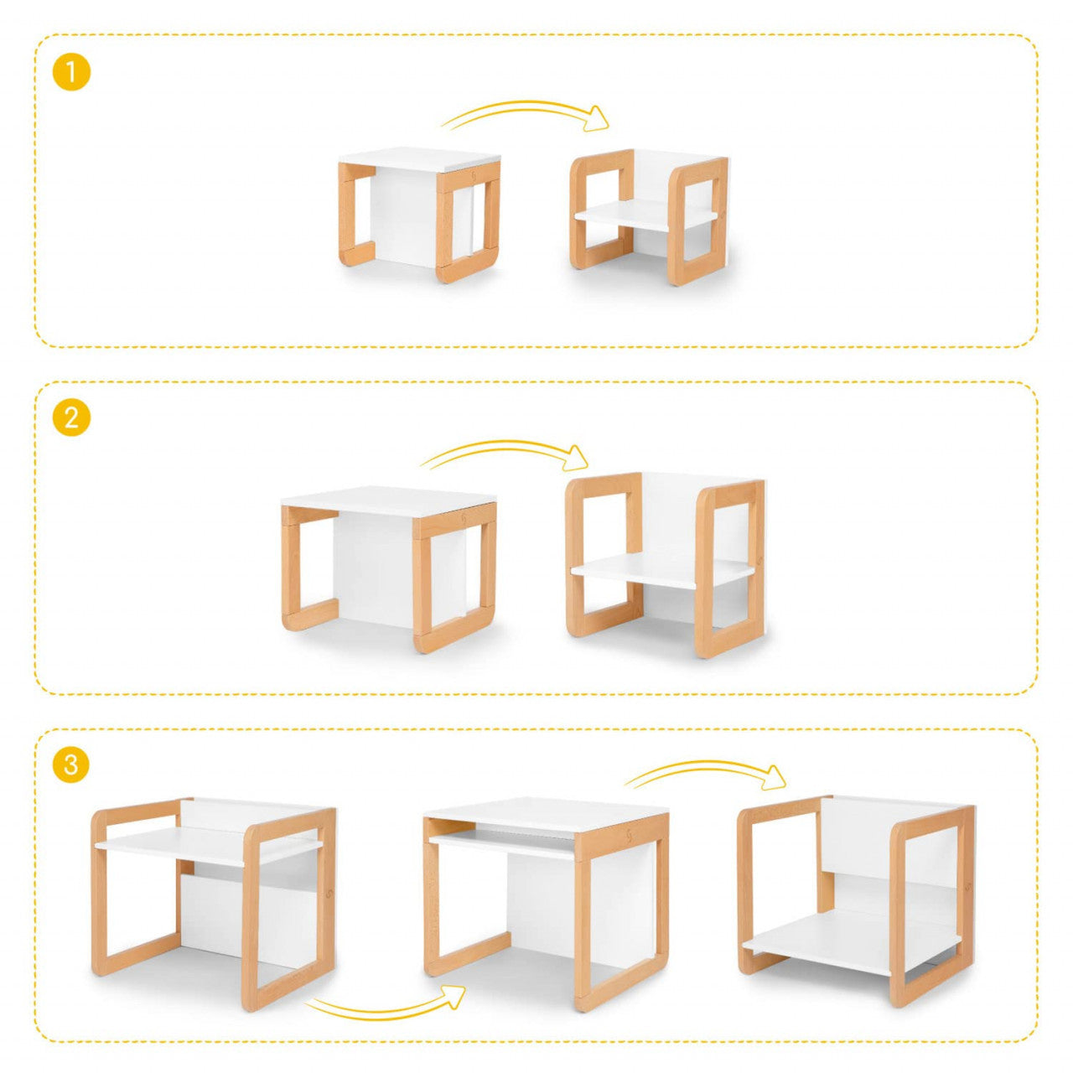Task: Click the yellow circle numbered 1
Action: pyautogui.click(x=71, y=72)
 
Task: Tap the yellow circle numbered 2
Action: pyautogui.click(x=71, y=417)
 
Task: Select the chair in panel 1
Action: pyautogui.click(x=650, y=217)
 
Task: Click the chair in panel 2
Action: pyautogui.click(x=665, y=562)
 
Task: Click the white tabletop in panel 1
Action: pyautogui.click(x=419, y=160)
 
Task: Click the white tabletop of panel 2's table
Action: pyautogui.click(x=389, y=498)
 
